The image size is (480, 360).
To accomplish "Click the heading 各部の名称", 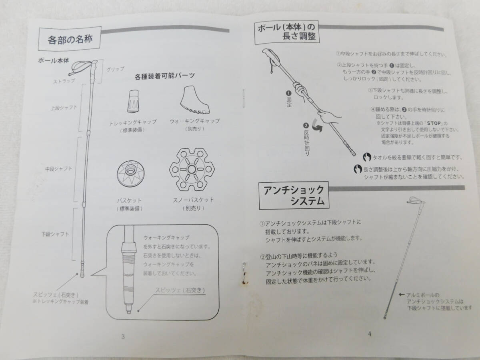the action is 70,40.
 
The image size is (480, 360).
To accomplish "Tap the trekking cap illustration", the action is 133,101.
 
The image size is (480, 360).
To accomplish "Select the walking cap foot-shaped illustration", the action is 194,100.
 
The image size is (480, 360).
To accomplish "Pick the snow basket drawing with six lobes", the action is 192,169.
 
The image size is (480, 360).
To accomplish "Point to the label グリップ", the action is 115,70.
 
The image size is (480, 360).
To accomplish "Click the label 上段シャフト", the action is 64,108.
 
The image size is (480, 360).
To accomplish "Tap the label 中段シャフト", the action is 58,169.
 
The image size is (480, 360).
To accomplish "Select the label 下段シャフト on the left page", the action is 55,234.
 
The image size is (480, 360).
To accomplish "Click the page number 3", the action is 123,337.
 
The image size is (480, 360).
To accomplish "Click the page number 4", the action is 370,334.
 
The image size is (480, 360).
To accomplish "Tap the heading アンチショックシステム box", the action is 294,196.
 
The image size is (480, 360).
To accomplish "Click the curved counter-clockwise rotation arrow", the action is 317,126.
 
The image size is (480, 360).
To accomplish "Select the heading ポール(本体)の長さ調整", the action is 287,32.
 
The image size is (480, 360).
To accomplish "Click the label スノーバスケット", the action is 193,200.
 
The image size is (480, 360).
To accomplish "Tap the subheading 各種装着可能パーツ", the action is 165,76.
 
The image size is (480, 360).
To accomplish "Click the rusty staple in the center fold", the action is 245,274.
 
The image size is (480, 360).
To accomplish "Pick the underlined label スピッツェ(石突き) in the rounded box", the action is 180,290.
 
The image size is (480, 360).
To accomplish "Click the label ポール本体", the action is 54,60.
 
